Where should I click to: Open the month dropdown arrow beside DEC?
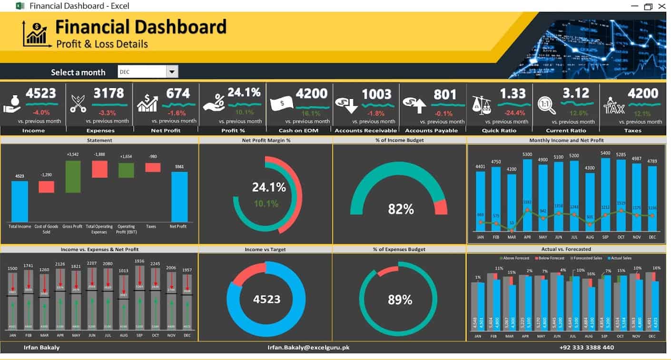[x=172, y=72]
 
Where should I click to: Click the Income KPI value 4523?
[x=41, y=93]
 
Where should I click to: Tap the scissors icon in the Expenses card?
[x=78, y=103]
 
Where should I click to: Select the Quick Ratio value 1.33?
[x=513, y=93]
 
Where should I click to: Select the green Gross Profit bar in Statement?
[x=73, y=176]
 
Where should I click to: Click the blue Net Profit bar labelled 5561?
[x=179, y=196]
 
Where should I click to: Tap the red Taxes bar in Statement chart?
[x=153, y=167]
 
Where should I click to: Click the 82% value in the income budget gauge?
[x=401, y=209]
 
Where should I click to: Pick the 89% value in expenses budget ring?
[x=400, y=300]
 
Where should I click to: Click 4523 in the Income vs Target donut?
[x=266, y=300]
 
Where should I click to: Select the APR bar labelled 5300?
[x=527, y=195]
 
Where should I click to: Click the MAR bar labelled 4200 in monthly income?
[x=512, y=202]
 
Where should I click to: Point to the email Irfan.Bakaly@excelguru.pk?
[x=308, y=348]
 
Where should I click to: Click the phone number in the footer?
[x=587, y=348]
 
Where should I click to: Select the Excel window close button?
[x=662, y=6]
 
